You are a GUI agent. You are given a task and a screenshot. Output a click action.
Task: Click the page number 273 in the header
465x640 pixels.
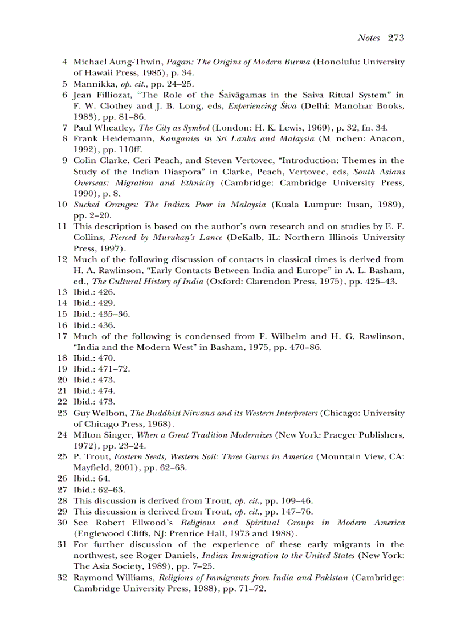point(395,38)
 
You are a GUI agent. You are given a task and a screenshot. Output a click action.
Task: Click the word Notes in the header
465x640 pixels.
point(369,38)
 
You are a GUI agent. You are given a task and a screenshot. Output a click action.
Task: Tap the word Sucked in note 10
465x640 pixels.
point(86,205)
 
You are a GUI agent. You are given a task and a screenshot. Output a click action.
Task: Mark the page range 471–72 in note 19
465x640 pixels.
point(116,369)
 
